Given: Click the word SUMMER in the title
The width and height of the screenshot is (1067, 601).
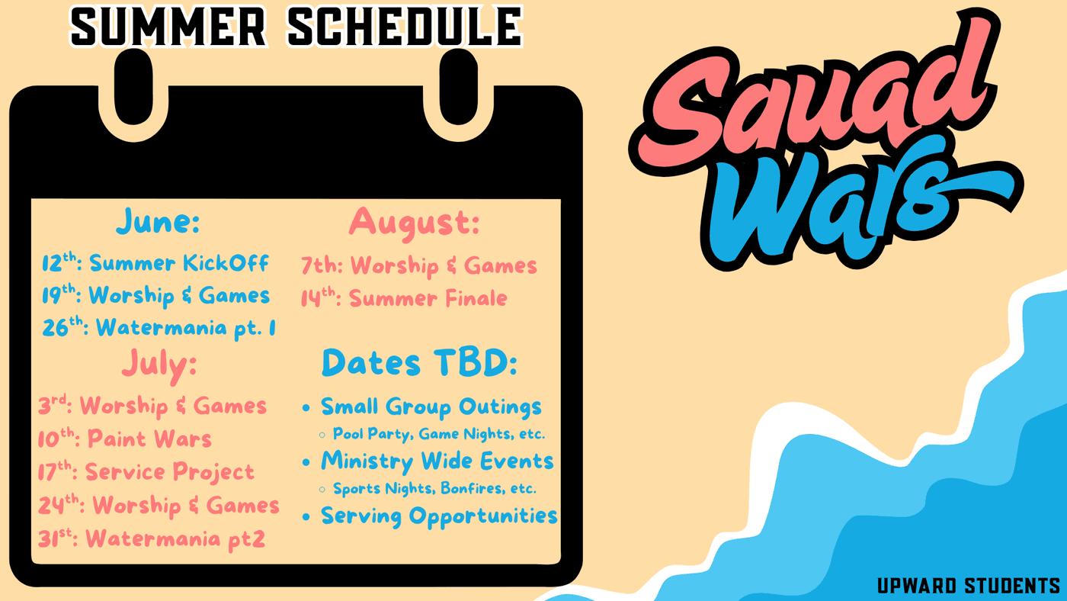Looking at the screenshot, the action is point(168,27).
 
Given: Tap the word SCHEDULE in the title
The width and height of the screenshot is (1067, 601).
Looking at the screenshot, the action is point(405,27).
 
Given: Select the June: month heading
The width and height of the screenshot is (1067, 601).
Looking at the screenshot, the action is point(159,222).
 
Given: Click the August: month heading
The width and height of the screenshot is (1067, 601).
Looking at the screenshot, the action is point(414,223).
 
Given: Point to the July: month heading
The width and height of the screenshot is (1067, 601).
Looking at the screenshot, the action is point(159,365).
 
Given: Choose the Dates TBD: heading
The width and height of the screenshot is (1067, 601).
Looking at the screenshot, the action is point(420,363).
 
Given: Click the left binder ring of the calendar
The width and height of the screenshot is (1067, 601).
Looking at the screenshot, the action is point(134,88).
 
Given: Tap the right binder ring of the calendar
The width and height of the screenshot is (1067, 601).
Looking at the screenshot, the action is point(459,88).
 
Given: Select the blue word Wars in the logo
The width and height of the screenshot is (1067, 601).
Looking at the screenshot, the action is point(857,203).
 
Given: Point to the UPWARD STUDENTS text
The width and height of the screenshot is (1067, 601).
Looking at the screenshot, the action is point(969,586).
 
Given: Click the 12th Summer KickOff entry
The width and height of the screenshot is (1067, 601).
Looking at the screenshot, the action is point(155,262).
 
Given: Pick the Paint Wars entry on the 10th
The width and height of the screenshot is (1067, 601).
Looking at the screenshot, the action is point(125,439).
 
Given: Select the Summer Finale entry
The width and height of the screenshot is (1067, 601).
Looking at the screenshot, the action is point(404,298).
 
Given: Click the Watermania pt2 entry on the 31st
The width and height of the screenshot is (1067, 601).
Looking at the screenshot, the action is point(152,539).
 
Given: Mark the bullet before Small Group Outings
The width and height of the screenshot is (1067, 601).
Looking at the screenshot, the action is point(306,408).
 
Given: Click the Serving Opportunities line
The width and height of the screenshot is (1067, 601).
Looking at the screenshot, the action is point(439,516).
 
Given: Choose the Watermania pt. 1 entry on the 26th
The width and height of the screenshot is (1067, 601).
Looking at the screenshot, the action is point(159,328).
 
